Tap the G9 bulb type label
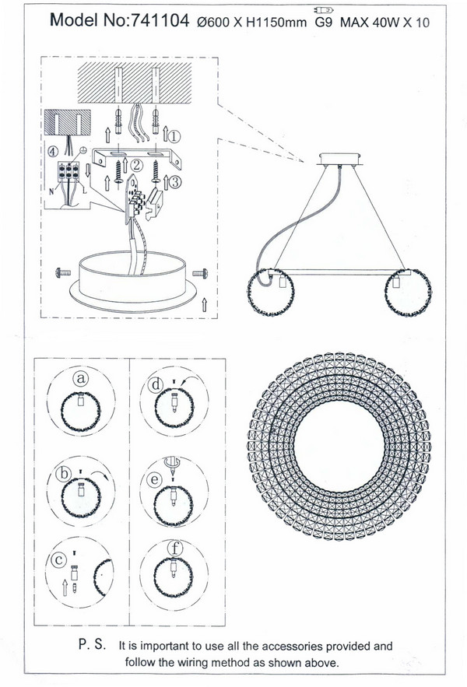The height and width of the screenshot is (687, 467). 324,23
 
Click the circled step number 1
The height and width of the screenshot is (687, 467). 174,137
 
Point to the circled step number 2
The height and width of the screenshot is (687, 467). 136,165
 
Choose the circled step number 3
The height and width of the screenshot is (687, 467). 174,182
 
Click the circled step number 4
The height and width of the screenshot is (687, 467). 52,152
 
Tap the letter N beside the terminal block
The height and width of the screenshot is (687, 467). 51,191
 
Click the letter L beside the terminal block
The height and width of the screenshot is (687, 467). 84,191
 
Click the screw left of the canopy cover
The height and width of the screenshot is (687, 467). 63,273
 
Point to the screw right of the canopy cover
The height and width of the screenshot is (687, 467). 200,273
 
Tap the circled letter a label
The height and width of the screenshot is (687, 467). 81,378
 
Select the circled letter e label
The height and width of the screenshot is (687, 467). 154,480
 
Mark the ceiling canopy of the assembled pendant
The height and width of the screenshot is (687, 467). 340,159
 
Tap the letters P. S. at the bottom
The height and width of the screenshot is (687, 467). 92,644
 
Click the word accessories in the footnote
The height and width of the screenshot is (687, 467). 292,647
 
